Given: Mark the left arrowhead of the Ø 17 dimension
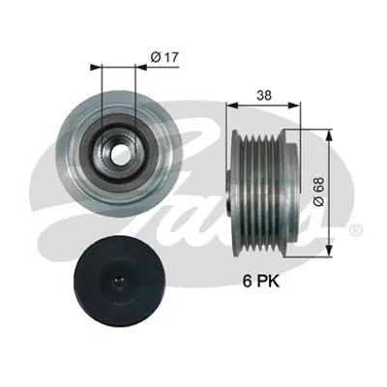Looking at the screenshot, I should pos(93,67).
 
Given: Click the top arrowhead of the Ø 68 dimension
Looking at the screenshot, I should pos(332,131).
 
